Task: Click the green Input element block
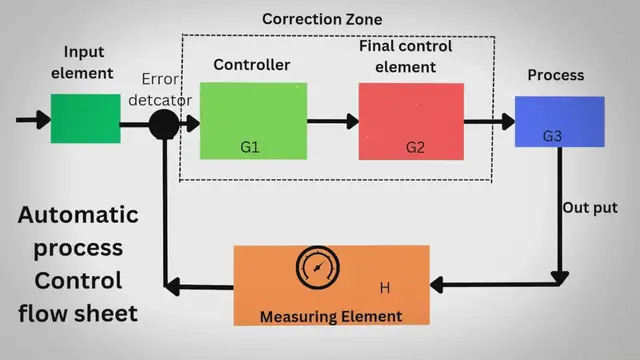pyautogui.click(x=78, y=119)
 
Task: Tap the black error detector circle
pyautogui.click(x=164, y=124)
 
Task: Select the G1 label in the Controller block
pyautogui.click(x=250, y=147)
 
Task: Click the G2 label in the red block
pyautogui.click(x=415, y=147)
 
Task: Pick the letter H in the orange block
pyautogui.click(x=383, y=289)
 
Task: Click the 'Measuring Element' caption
pyautogui.click(x=331, y=317)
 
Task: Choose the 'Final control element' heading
pyautogui.click(x=405, y=57)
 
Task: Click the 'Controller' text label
pyautogui.click(x=251, y=65)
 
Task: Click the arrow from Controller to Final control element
pyautogui.click(x=333, y=121)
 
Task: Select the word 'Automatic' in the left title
pyautogui.click(x=78, y=215)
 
